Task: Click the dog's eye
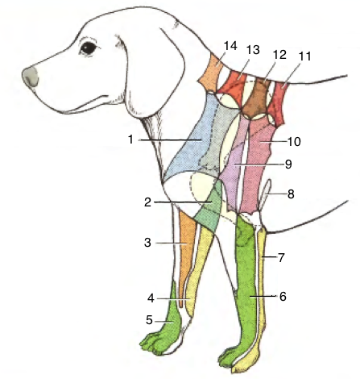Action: (x=89, y=48)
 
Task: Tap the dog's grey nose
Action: (x=30, y=77)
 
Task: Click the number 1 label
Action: (x=130, y=140)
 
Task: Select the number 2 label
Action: (x=147, y=202)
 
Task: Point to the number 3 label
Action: (x=147, y=243)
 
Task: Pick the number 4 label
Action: (x=151, y=298)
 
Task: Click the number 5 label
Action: (x=149, y=320)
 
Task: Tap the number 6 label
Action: (x=283, y=297)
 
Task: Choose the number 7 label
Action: (x=281, y=258)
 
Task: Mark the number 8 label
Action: (x=291, y=194)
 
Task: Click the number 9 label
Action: (x=288, y=165)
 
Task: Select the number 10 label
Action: (x=294, y=142)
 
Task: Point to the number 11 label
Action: (x=304, y=56)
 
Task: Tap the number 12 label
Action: (x=279, y=55)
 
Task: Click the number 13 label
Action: (x=253, y=50)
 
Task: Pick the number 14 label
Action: (x=230, y=46)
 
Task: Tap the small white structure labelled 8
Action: (x=265, y=194)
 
